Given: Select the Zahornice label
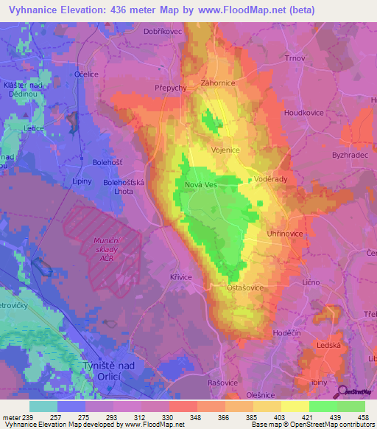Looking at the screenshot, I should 217,83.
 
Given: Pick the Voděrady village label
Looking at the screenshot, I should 271,180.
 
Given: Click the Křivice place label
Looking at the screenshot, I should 180,276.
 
